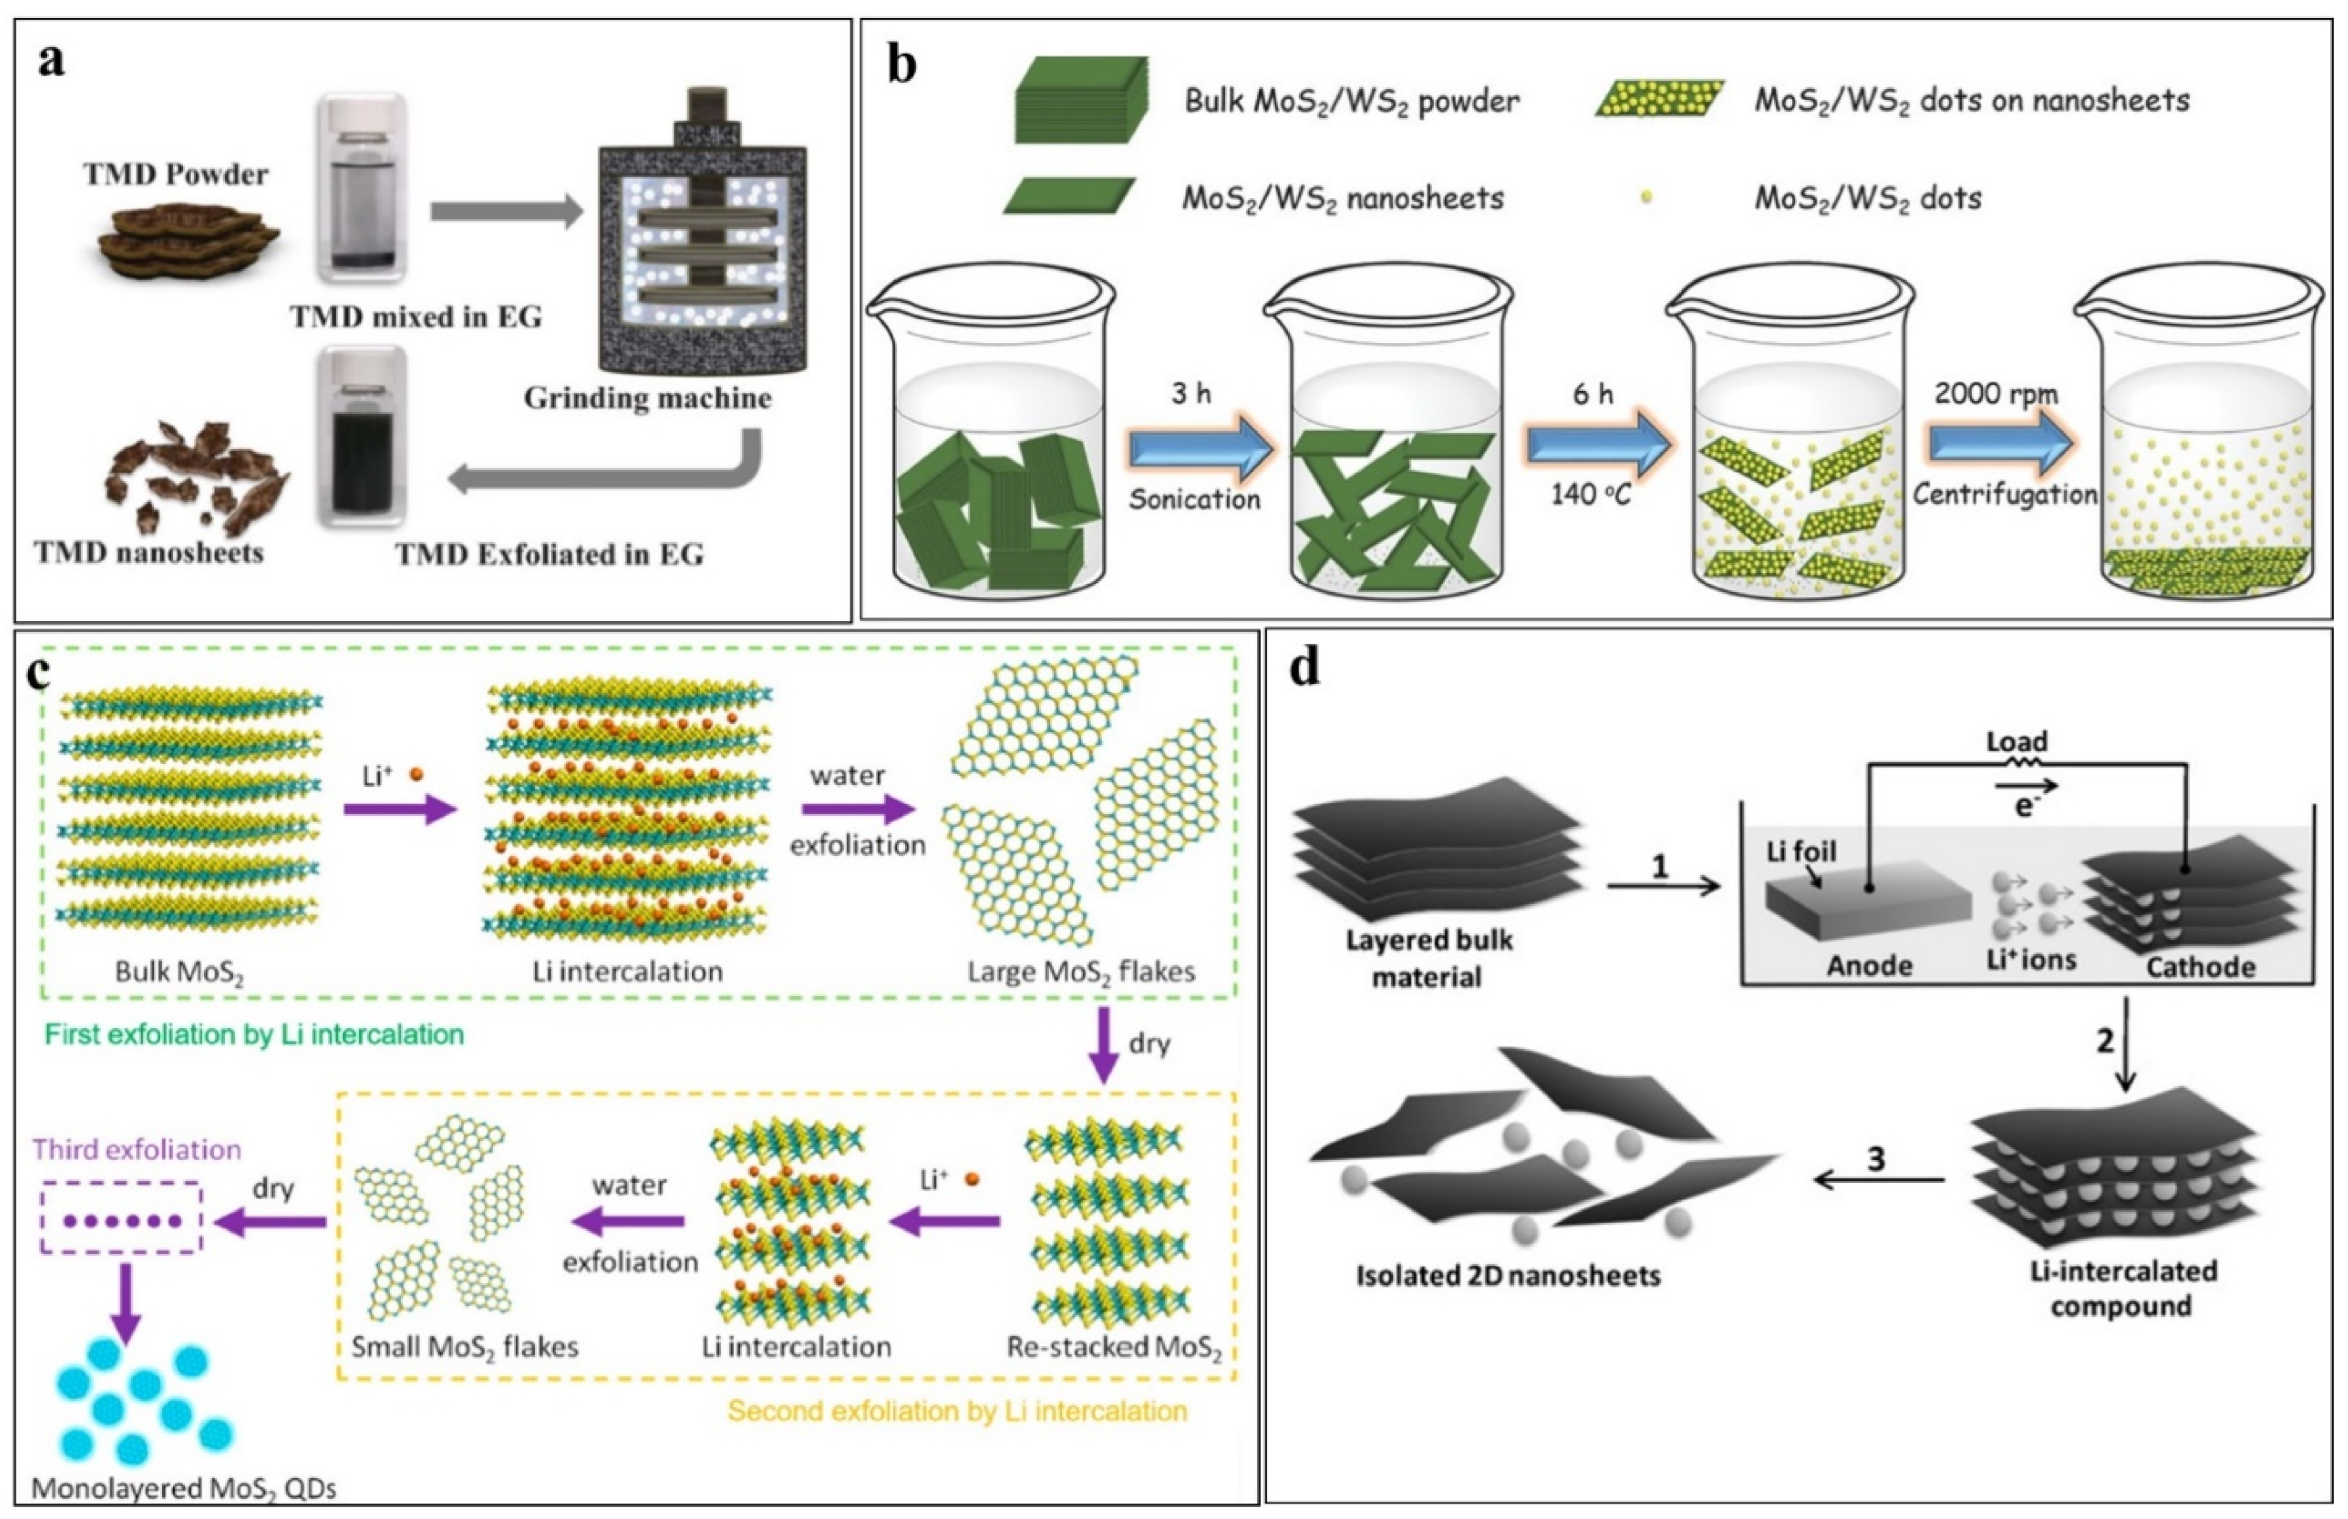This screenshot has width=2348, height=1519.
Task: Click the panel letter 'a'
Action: [51, 61]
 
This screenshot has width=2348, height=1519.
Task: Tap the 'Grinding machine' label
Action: [647, 399]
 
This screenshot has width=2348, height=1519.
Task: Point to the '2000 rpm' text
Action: [1996, 393]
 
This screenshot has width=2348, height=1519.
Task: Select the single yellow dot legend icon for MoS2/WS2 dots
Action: [1646, 197]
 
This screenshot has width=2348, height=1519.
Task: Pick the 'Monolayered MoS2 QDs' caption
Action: [185, 1487]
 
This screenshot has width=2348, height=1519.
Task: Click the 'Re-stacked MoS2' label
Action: [1114, 1348]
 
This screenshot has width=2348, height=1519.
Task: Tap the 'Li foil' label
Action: [1801, 850]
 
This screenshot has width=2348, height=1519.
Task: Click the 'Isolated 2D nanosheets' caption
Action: [1508, 1275]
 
